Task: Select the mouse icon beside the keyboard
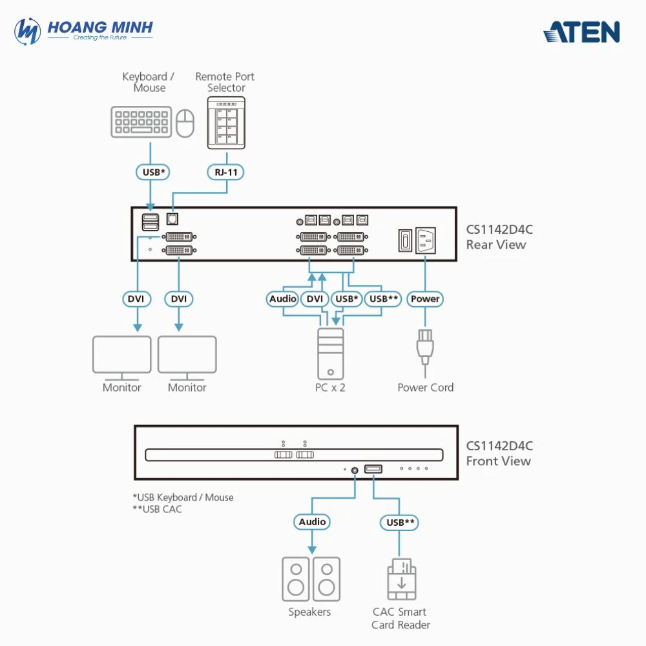tap(185, 123)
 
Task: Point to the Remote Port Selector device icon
tap(226, 123)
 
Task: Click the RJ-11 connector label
tap(226, 172)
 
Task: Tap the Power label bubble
tap(425, 298)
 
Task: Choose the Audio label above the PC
tap(283, 298)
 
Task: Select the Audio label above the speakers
tap(313, 521)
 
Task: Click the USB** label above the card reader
tap(401, 521)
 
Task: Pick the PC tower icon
tap(331, 353)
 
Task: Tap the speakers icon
tap(311, 579)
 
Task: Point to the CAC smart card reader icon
tap(401, 579)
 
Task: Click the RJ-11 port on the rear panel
tap(172, 218)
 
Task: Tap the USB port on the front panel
tap(373, 468)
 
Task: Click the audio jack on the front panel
tap(355, 470)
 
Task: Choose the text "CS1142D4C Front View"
tap(499, 453)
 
